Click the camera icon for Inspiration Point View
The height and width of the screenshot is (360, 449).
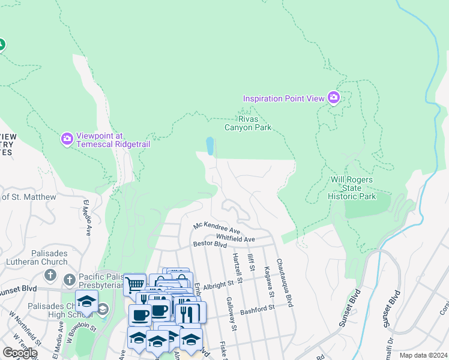pyautogui.click(x=334, y=98)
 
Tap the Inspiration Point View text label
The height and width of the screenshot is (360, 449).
pyautogui.click(x=283, y=98)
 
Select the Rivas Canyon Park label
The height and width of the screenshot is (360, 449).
pyautogui.click(x=248, y=123)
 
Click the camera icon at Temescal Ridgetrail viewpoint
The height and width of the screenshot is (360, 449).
pyautogui.click(x=67, y=139)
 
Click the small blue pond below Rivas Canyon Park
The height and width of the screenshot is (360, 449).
pyautogui.click(x=209, y=146)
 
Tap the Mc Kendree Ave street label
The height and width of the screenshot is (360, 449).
pyautogui.click(x=216, y=229)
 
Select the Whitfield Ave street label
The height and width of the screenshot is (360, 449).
pyautogui.click(x=235, y=239)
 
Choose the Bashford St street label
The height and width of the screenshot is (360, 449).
pyautogui.click(x=257, y=308)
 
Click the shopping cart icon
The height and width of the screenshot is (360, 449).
pyautogui.click(x=134, y=284)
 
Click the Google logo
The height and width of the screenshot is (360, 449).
pyautogui.click(x=19, y=353)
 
